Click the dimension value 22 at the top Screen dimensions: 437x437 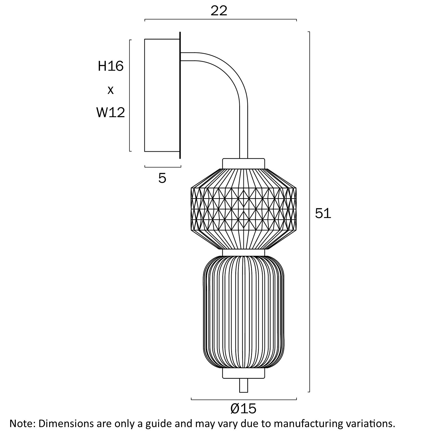219,11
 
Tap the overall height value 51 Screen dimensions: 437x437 323,213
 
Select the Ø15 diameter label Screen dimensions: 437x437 243,408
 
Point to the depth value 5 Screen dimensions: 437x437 162,178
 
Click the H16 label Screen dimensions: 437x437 111,66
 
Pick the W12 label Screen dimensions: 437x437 111,112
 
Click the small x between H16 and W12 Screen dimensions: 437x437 111,90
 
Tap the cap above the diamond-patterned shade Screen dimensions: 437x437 244,163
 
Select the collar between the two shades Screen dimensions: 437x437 244,252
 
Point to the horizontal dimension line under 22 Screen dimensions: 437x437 221,19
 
